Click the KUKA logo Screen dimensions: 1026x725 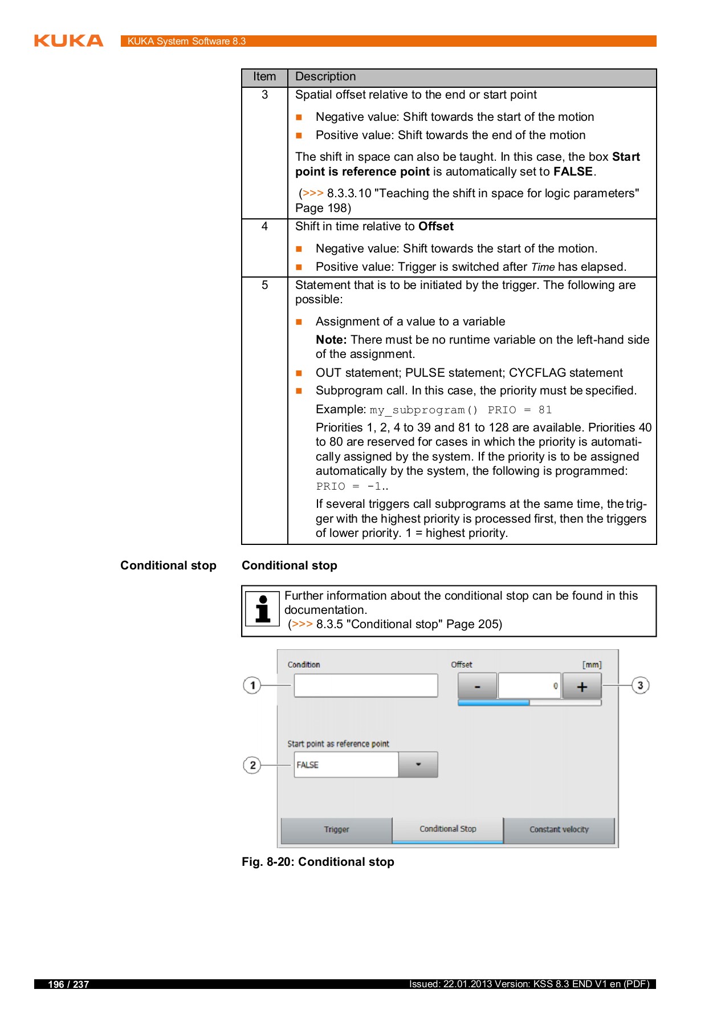68,40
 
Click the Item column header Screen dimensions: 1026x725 264,77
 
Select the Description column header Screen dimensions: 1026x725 325,77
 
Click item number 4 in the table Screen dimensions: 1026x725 264,226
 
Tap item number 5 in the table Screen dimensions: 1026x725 264,285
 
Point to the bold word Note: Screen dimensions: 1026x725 331,340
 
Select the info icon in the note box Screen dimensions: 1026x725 262,609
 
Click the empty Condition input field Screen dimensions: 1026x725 365,685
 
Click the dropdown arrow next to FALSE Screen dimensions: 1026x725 418,764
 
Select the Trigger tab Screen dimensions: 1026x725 336,829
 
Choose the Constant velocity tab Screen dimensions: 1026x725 559,829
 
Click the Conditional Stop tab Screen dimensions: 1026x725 447,829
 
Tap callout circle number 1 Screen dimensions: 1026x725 252,685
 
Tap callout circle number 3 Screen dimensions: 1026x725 640,685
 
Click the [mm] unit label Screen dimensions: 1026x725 592,665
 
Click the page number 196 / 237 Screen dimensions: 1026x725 68,984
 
